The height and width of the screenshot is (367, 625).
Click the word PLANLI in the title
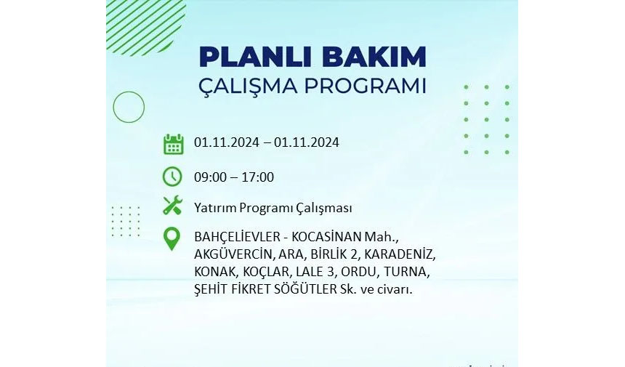coord(257,57)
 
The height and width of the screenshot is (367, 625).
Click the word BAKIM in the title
coord(374,57)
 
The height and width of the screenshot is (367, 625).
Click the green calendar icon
coord(174,144)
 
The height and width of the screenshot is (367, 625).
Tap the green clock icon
coord(172,177)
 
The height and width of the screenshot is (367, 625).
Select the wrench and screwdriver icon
coord(172,206)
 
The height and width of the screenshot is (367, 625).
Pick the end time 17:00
coord(257,177)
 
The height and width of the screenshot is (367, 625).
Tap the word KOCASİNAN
coord(326,237)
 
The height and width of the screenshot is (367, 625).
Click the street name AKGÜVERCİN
coord(233,254)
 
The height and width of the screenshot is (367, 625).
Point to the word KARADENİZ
coord(399,254)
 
